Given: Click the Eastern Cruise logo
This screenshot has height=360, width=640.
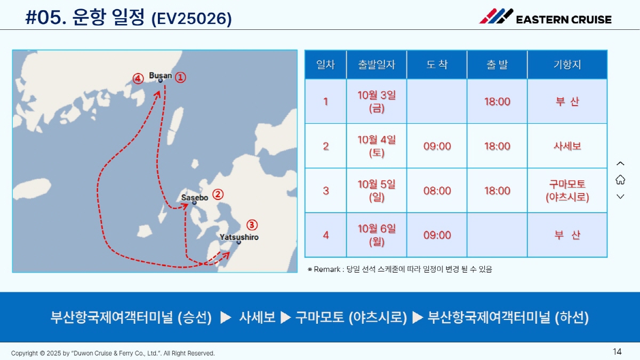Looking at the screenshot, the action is click(545, 17).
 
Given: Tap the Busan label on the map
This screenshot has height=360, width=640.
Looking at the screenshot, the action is click(161, 76).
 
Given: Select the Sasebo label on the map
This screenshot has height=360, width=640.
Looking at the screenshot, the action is click(195, 198).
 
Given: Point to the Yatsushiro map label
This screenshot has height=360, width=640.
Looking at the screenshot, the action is click(239, 237).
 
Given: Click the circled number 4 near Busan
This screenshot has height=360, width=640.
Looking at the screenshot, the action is click(138, 78).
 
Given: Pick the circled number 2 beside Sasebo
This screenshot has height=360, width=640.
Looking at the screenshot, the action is click(218, 195).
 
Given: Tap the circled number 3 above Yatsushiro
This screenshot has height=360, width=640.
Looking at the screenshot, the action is click(252, 225).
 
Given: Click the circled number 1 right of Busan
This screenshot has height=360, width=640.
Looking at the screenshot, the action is click(180, 77).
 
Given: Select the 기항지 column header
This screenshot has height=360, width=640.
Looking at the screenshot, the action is click(567, 65).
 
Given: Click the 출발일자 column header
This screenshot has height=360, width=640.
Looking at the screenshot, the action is click(377, 65).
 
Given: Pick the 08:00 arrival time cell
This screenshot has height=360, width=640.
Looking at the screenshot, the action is click(437, 190).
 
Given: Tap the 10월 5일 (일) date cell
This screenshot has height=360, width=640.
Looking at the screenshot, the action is click(377, 190).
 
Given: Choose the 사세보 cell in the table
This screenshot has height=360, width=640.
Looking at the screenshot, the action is click(567, 146).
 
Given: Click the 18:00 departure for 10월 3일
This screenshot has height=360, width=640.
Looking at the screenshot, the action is click(497, 101).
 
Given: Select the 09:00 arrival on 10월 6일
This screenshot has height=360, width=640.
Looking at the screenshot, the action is click(437, 235).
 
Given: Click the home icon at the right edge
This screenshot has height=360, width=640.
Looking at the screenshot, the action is click(620, 180).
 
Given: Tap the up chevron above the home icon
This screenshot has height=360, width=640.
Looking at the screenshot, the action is click(620, 163).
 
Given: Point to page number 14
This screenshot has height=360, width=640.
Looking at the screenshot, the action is click(617, 351).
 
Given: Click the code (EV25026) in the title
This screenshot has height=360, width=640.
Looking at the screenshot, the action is click(191, 19).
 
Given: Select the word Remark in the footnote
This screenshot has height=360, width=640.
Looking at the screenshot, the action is click(327, 269).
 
